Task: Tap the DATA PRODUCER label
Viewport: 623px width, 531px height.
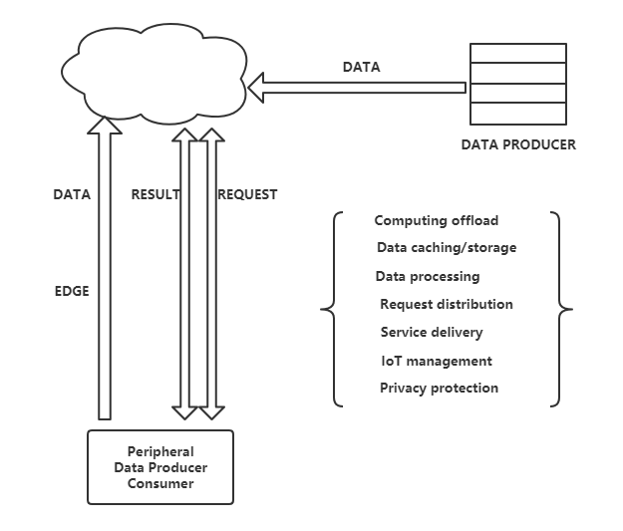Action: pyautogui.click(x=518, y=144)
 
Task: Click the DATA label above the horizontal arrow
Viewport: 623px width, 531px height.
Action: pyautogui.click(x=361, y=68)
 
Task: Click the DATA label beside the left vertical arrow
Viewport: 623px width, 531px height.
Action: pyautogui.click(x=72, y=195)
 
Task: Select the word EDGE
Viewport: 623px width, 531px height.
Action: pyautogui.click(x=72, y=292)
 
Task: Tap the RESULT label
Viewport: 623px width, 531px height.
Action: pyautogui.click(x=156, y=195)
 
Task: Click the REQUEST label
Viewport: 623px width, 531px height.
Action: pyautogui.click(x=247, y=195)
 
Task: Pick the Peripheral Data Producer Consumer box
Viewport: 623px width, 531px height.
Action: pyautogui.click(x=160, y=467)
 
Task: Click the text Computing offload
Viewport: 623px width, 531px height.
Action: pyautogui.click(x=437, y=220)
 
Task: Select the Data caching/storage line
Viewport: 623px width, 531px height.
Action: pyautogui.click(x=447, y=248)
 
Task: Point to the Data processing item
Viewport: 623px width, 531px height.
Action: pyautogui.click(x=428, y=276)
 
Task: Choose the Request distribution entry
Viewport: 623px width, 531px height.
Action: pyautogui.click(x=447, y=304)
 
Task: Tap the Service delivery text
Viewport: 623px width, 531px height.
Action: pyautogui.click(x=432, y=332)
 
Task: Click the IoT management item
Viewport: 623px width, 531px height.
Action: pyautogui.click(x=436, y=361)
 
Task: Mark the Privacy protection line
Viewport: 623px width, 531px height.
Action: pyautogui.click(x=439, y=389)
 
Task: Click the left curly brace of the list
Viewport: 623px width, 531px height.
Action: pyautogui.click(x=331, y=310)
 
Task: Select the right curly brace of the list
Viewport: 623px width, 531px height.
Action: pyautogui.click(x=562, y=310)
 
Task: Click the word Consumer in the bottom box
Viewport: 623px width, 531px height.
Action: pyautogui.click(x=160, y=484)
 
